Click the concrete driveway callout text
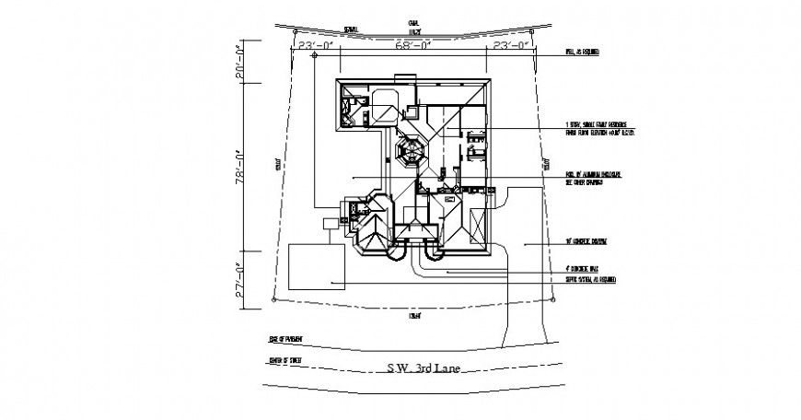pos(590,243)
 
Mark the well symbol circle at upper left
pos(315,55)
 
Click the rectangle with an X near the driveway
pos(479,225)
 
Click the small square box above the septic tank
pos(330,223)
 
